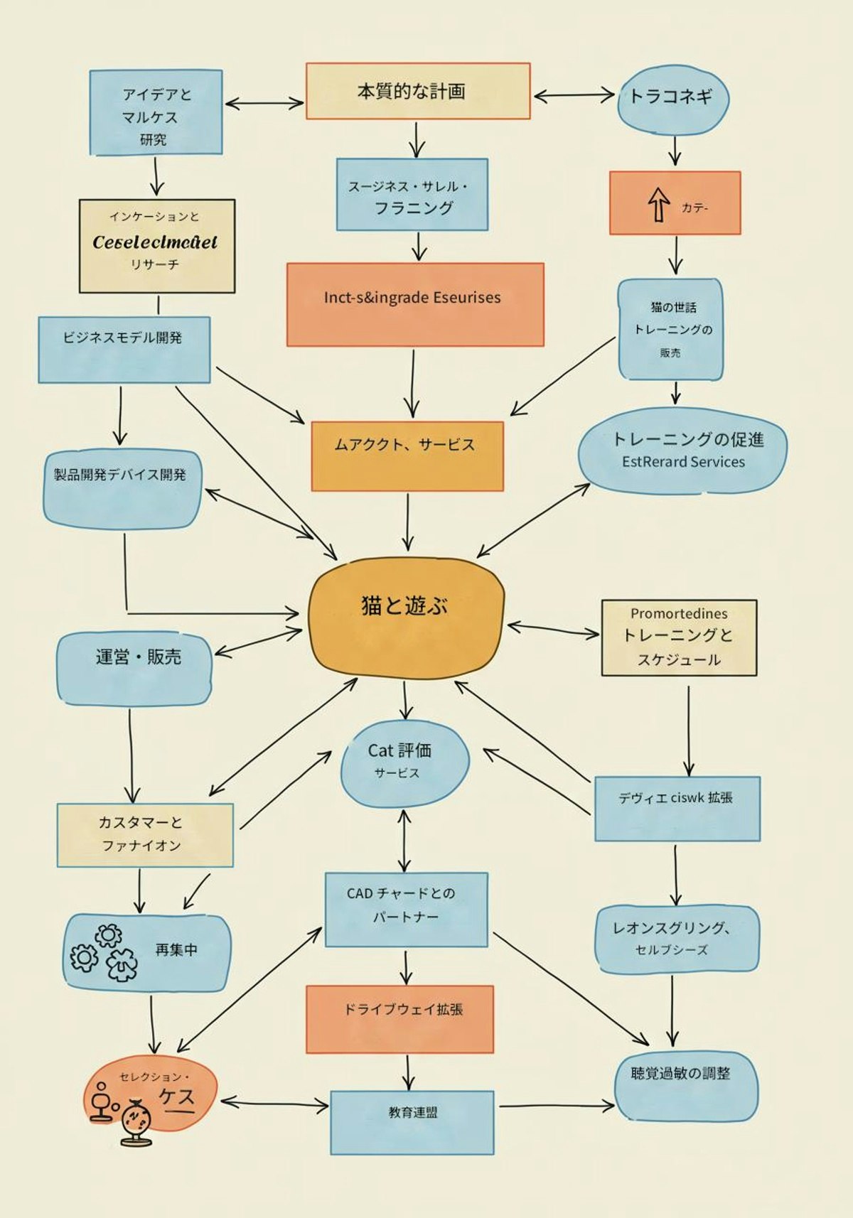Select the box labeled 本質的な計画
pos(418,91)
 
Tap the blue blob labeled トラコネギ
pos(672,99)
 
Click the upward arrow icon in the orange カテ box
pos(658,205)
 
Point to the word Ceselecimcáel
pos(155,242)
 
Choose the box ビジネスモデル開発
pos(124,349)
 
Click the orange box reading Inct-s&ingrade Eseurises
pos(415,304)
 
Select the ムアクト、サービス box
pos(407,456)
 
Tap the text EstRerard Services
pos(683,462)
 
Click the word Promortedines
pos(679,613)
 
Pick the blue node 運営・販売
pos(134,668)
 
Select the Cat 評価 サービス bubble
pos(404,763)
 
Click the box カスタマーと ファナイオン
pos(145,835)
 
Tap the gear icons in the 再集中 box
pos(104,953)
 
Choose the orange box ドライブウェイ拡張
pos(399,1018)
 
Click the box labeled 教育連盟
pos(412,1121)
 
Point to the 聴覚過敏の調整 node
pos(685,1087)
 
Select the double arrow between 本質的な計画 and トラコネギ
pos(574,95)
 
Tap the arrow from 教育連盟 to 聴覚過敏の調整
pos(556,1105)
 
